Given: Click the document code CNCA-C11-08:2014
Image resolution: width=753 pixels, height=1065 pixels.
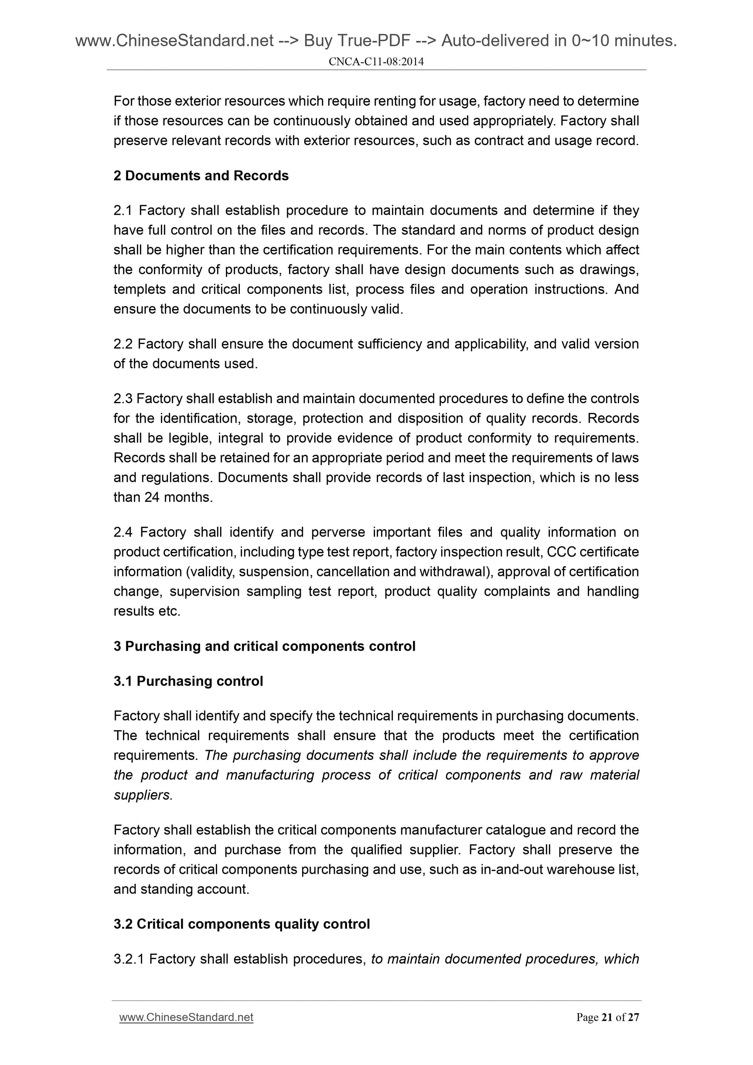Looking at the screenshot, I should click(x=376, y=62).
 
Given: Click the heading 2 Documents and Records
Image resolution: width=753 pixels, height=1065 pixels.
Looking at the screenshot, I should click(x=201, y=176).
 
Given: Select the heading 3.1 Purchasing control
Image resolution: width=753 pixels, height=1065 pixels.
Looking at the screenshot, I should click(x=188, y=681).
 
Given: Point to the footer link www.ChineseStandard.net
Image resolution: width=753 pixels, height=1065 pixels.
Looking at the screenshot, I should click(x=186, y=1017).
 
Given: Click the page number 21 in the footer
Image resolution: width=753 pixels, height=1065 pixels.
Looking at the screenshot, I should click(x=606, y=1017).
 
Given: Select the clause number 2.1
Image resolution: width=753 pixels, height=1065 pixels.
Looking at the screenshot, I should click(x=123, y=210).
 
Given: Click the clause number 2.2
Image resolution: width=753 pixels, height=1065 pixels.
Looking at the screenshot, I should click(x=123, y=344).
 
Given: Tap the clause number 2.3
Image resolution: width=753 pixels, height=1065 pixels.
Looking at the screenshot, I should click(x=123, y=399).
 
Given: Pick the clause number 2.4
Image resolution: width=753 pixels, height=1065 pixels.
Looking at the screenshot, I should click(x=123, y=532).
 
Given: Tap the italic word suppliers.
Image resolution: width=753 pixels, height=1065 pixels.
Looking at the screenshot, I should click(x=143, y=795).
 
